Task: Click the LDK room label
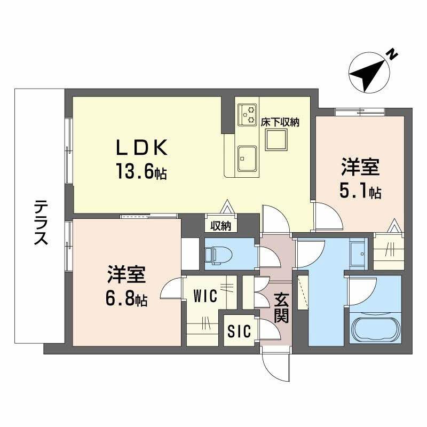click(x=143, y=147)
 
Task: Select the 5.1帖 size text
click(x=361, y=191)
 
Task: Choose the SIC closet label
click(x=239, y=331)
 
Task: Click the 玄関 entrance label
click(x=281, y=309)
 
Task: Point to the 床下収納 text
click(x=280, y=122)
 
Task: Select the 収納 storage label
click(x=220, y=226)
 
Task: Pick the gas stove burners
click(x=248, y=113)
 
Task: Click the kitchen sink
click(x=248, y=158)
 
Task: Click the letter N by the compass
click(x=392, y=53)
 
